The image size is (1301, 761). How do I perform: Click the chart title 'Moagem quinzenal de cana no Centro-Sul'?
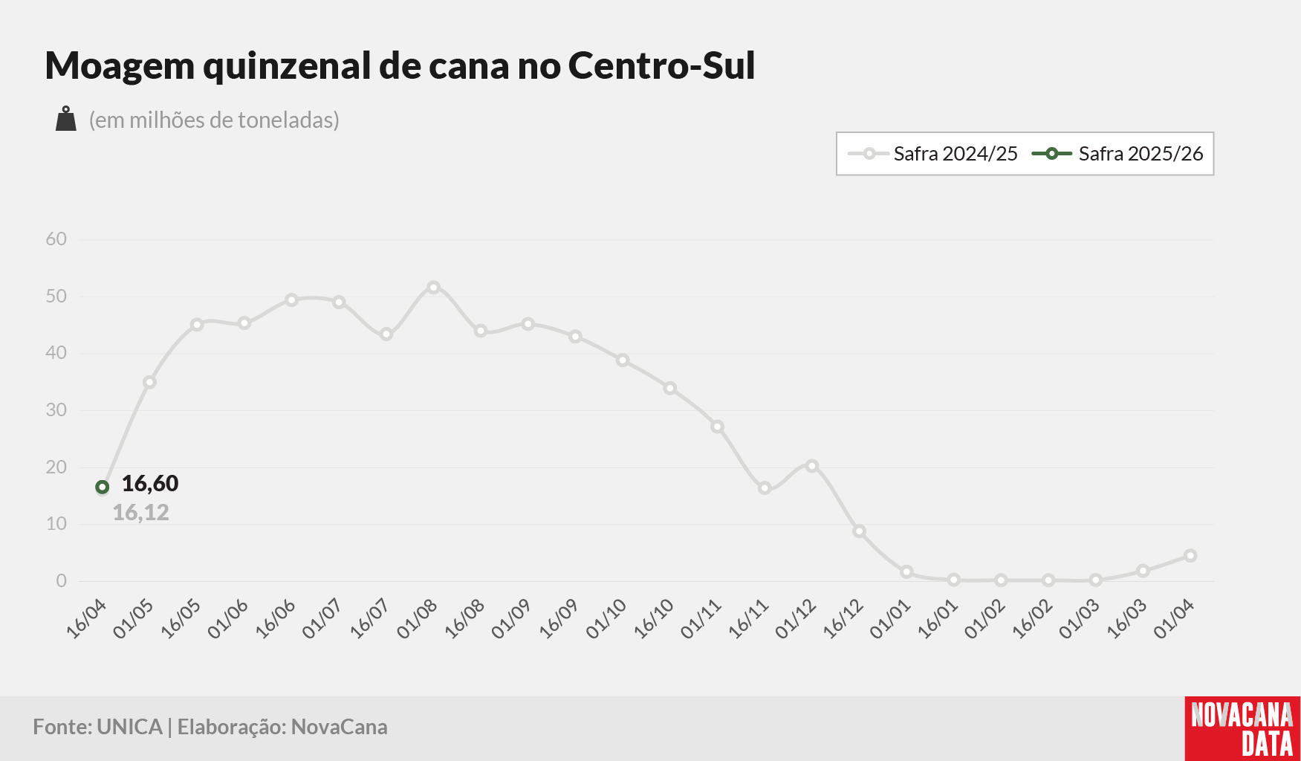click(400, 65)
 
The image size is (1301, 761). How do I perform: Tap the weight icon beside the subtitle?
click(66, 119)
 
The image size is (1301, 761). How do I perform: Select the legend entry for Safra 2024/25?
click(933, 154)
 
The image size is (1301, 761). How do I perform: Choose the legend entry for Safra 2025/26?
click(1117, 154)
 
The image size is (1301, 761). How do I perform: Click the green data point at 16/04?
click(103, 488)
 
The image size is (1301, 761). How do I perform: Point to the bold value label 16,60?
click(150, 484)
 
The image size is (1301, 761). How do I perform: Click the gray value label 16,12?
click(140, 513)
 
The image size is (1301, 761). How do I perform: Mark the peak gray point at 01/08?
click(434, 288)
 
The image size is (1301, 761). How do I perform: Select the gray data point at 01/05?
click(149, 383)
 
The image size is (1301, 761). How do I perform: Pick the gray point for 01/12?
click(812, 466)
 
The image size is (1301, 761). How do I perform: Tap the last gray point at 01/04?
click(1190, 556)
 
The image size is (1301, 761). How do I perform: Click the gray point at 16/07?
click(386, 334)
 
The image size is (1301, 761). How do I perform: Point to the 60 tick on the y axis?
click(56, 239)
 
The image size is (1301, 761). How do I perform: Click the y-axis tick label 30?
click(56, 410)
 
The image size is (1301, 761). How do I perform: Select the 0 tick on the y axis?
click(62, 581)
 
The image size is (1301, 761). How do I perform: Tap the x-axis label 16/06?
click(276, 619)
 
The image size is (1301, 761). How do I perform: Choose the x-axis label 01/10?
click(606, 619)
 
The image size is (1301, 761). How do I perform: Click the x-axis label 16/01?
click(938, 619)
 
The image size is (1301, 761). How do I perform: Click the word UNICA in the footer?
click(129, 727)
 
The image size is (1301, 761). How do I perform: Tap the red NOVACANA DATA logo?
click(1242, 728)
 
